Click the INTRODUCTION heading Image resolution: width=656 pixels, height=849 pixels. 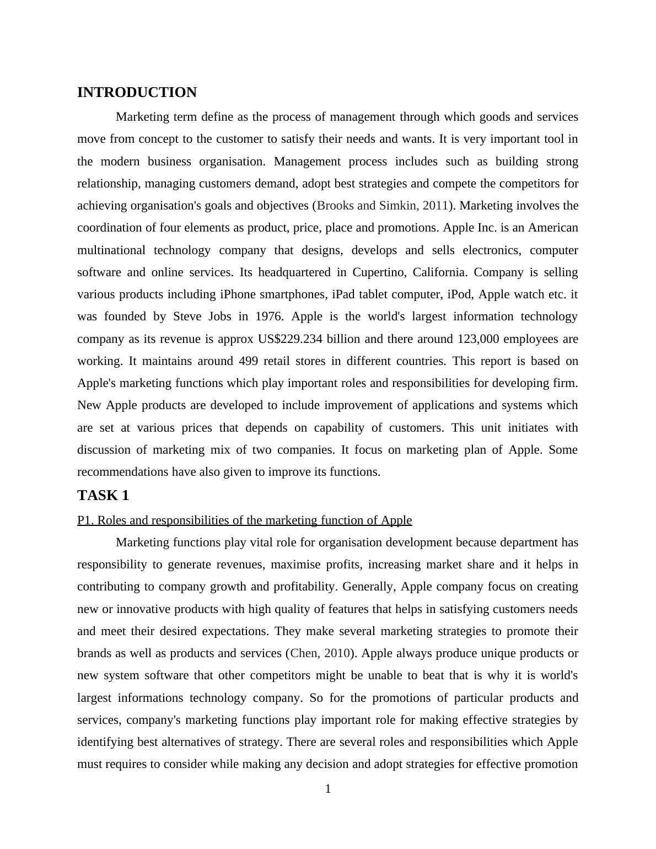[137, 93]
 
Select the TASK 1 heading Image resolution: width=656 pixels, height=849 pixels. [103, 496]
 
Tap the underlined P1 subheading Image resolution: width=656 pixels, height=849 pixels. [244, 520]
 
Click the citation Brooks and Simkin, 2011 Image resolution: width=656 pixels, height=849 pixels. [383, 206]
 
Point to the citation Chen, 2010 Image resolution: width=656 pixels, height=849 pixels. [320, 653]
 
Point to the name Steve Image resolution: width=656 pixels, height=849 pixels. [187, 316]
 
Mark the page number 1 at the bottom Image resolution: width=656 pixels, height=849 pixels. [328, 789]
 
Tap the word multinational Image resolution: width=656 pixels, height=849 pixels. [111, 250]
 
